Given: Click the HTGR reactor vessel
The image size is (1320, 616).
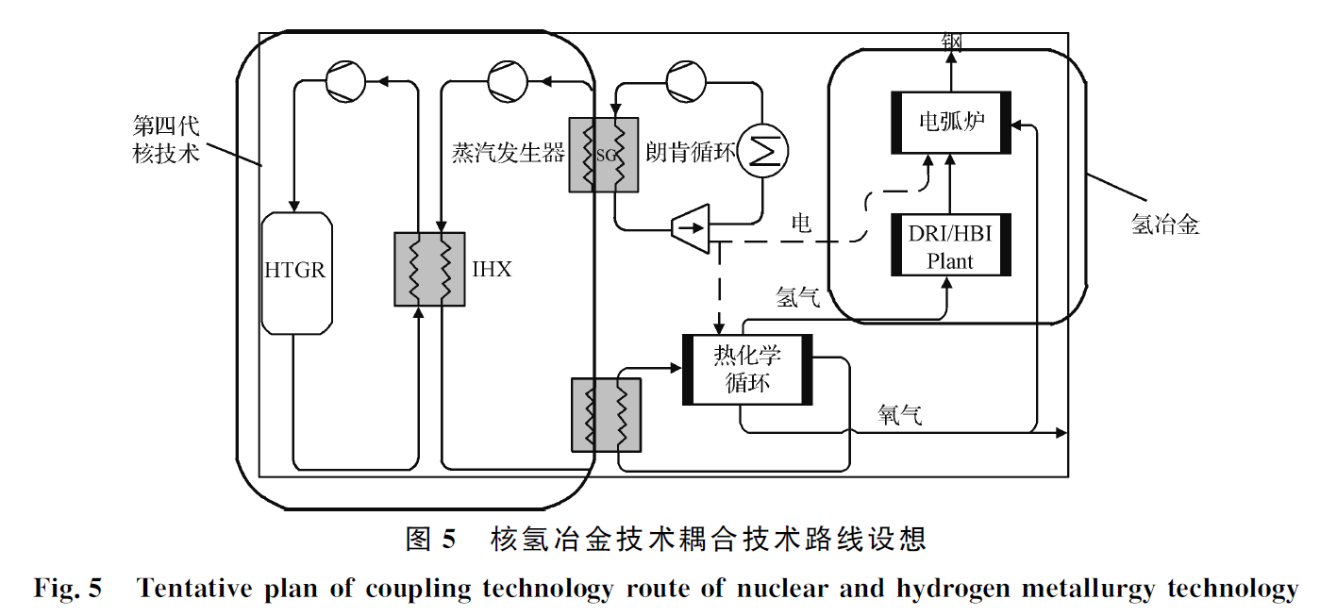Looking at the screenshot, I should (x=295, y=273).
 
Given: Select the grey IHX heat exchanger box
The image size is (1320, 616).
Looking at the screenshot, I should (x=429, y=269).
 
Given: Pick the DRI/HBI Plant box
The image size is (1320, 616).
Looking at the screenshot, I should (x=950, y=245).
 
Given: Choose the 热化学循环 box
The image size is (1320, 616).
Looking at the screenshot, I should (x=747, y=369).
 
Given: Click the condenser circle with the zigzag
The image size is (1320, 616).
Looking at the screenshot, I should (x=762, y=150).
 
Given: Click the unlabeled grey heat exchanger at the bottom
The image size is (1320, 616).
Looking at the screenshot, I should (x=606, y=414).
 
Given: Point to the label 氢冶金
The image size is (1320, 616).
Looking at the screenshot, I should (x=1165, y=224).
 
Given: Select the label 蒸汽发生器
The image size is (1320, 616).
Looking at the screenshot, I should (x=508, y=153).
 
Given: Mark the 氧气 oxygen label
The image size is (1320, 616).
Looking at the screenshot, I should (x=900, y=413).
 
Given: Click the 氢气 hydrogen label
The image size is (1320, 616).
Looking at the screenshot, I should (x=798, y=297).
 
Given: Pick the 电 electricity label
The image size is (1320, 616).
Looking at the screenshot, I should (x=801, y=224).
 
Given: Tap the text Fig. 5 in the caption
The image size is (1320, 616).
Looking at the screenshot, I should (x=67, y=590).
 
